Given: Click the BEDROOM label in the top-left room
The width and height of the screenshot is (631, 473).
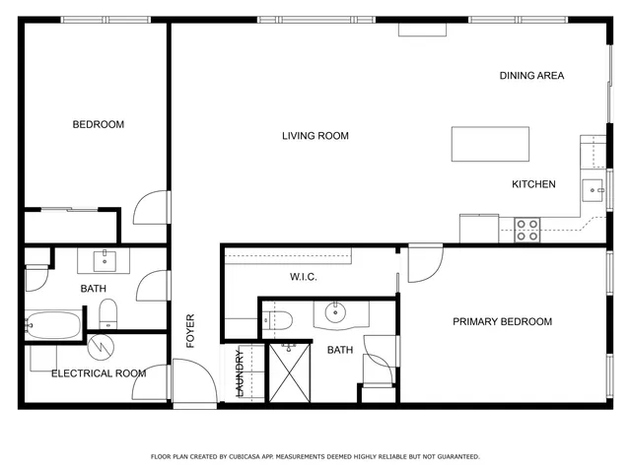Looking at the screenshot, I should click(99, 124).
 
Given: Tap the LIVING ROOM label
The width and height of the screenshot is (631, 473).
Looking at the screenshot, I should click(315, 136).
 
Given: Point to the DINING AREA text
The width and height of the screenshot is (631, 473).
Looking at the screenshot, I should click(531, 76).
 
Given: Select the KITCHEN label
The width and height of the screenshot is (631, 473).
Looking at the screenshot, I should click(533, 184).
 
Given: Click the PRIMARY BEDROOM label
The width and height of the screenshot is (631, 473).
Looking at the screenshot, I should click(502, 321).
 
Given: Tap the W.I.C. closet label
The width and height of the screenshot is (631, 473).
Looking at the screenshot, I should click(303, 277).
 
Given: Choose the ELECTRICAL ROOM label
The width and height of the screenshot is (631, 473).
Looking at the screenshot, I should click(99, 373).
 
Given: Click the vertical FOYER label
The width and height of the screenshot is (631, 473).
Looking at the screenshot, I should click(191, 331).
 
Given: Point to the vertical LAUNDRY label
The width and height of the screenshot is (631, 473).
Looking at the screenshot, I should click(239, 375).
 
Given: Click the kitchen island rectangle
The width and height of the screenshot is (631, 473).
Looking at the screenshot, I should click(490, 144).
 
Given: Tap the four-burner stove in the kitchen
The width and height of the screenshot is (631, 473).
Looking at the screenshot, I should click(527, 230).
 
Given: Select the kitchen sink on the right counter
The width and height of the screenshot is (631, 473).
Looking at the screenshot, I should click(595, 188).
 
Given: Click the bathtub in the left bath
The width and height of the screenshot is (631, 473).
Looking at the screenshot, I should click(53, 324).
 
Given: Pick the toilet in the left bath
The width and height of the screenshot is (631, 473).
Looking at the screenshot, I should click(107, 315).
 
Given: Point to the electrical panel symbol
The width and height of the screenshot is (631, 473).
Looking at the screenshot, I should click(102, 348).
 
